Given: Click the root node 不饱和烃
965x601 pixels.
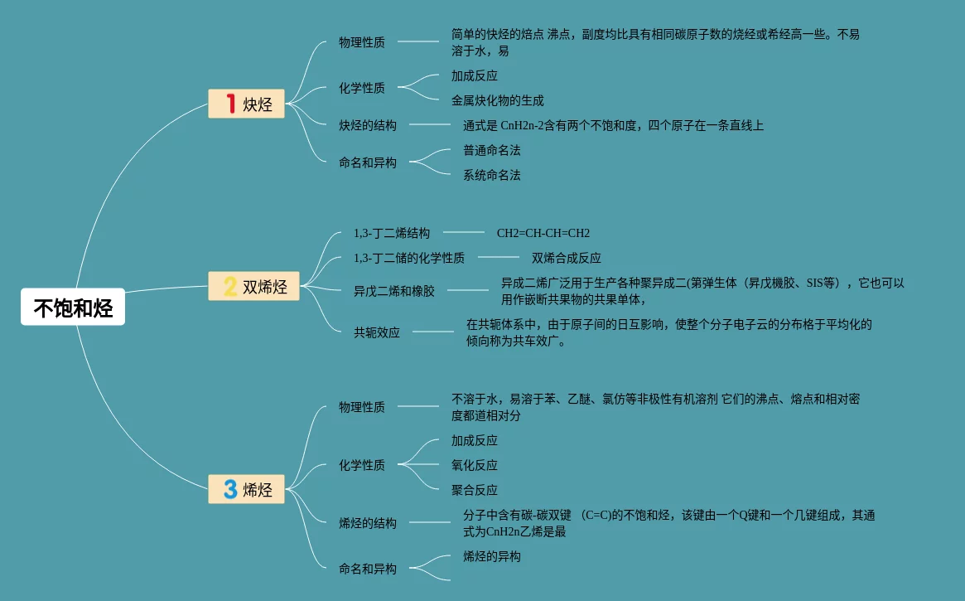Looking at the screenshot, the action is pyautogui.click(x=73, y=308).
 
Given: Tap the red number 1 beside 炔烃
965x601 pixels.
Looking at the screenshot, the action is pyautogui.click(x=230, y=104).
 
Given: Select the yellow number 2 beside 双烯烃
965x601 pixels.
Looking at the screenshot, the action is pyautogui.click(x=230, y=287).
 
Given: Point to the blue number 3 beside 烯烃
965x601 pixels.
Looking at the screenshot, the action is pyautogui.click(x=230, y=488).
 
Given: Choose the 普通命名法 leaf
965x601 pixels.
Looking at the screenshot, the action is pyautogui.click(x=491, y=150).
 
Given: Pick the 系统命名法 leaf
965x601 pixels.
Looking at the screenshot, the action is pyautogui.click(x=491, y=175).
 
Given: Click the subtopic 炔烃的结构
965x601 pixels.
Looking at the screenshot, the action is pyautogui.click(x=367, y=125).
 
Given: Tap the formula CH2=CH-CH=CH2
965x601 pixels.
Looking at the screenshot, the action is pyautogui.click(x=543, y=233).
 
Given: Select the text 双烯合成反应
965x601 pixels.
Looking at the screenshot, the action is pyautogui.click(x=566, y=258).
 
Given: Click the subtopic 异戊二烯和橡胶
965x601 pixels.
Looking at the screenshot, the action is pyautogui.click(x=393, y=291).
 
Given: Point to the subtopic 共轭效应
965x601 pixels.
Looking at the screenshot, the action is pyautogui.click(x=376, y=332).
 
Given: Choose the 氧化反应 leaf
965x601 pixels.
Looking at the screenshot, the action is pyautogui.click(x=474, y=465).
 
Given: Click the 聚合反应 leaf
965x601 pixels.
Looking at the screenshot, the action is pyautogui.click(x=474, y=490).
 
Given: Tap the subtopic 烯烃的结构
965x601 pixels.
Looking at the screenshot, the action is pyautogui.click(x=367, y=523).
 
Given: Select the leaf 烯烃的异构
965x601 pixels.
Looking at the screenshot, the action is pyautogui.click(x=491, y=556).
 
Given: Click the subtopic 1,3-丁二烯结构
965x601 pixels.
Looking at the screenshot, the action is pyautogui.click(x=391, y=233).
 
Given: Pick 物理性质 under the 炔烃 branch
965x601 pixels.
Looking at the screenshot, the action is pyautogui.click(x=361, y=42).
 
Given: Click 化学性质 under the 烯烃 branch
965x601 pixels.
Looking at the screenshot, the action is pyautogui.click(x=361, y=465).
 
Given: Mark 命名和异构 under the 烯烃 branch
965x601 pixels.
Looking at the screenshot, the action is pyautogui.click(x=367, y=569).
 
